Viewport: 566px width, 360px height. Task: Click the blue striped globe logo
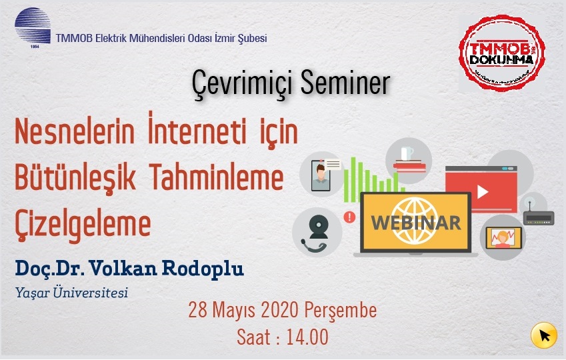[x=33, y=26]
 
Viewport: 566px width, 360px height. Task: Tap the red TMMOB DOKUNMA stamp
[x=502, y=53]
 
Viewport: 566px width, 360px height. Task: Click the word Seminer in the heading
[x=345, y=83]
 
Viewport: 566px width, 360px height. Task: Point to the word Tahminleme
[x=216, y=177]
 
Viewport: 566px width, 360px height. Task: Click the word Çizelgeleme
[x=83, y=225]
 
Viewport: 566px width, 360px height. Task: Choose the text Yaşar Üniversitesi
[x=71, y=292]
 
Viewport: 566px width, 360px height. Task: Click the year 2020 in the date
[x=280, y=310]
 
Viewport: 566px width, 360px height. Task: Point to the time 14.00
[x=307, y=337]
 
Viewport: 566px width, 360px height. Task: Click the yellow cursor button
[x=544, y=335]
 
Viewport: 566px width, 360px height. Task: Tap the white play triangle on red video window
[x=483, y=192]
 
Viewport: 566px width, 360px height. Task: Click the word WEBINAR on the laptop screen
[x=416, y=223]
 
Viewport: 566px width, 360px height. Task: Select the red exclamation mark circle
[x=349, y=217]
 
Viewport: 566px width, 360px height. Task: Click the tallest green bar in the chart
[x=353, y=179]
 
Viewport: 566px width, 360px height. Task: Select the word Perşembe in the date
[x=341, y=311]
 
